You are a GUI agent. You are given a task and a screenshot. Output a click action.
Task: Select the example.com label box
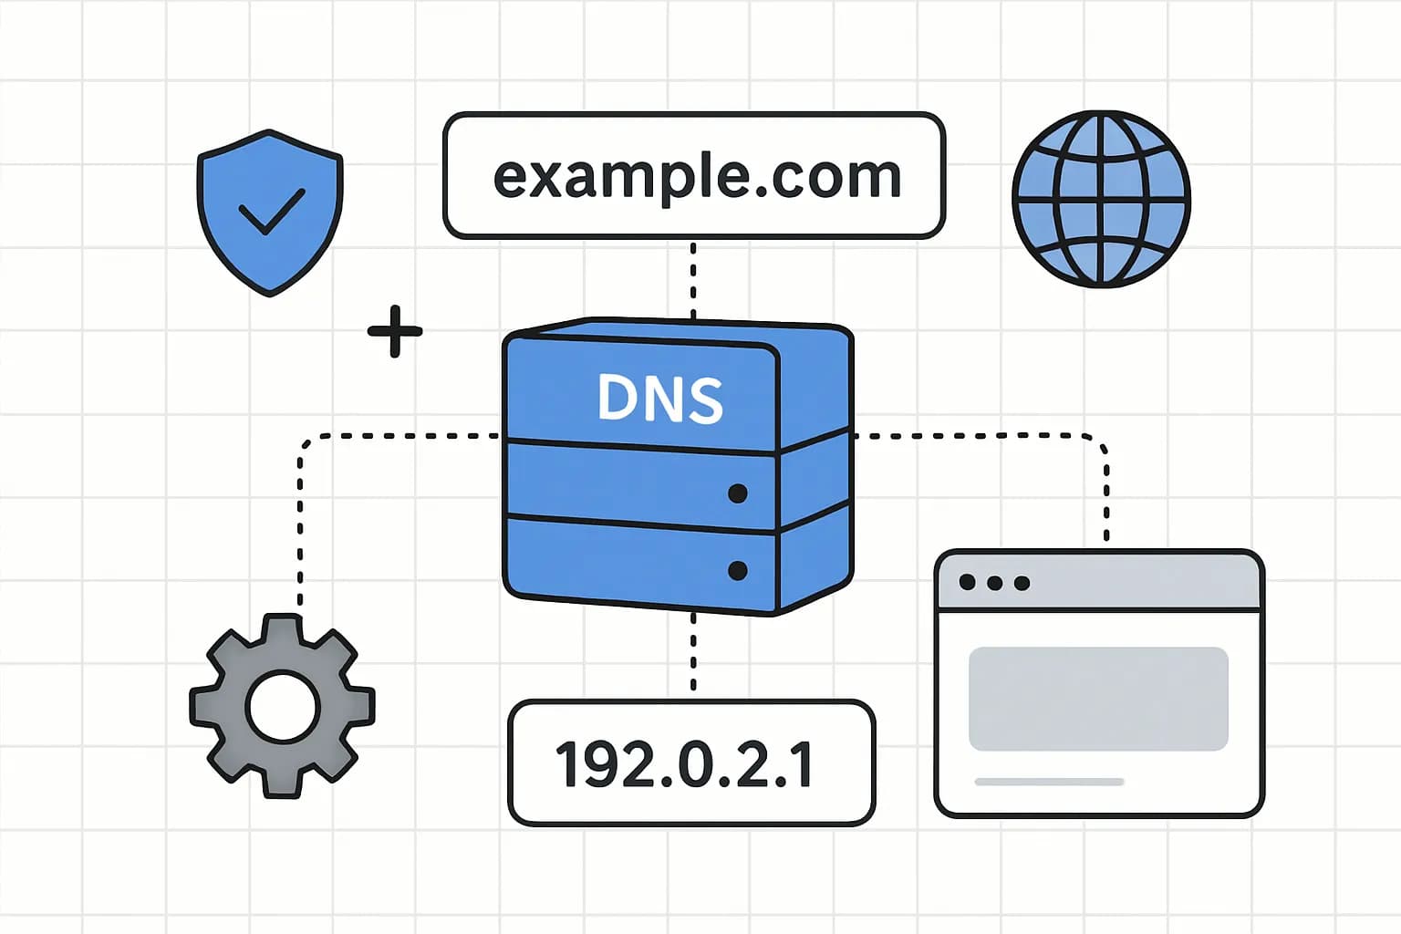tap(693, 176)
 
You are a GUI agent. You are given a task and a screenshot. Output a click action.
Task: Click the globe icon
tap(1101, 199)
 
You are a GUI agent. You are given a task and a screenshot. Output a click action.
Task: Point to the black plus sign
tap(395, 330)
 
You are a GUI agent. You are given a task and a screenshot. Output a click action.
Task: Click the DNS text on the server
tap(660, 398)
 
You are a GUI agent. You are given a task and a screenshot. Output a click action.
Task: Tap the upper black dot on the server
tap(738, 493)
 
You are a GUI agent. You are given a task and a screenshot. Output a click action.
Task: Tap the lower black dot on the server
tap(738, 571)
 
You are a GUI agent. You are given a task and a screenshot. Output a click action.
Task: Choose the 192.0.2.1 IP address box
tap(690, 763)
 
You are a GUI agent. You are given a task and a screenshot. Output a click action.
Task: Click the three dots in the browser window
tap(994, 583)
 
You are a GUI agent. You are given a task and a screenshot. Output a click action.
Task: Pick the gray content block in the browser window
tap(1098, 699)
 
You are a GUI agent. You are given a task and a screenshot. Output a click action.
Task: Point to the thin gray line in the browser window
tap(1049, 782)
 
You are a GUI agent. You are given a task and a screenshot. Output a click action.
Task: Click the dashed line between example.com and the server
tap(693, 278)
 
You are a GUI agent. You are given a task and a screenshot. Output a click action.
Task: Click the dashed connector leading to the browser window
tap(1105, 493)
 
